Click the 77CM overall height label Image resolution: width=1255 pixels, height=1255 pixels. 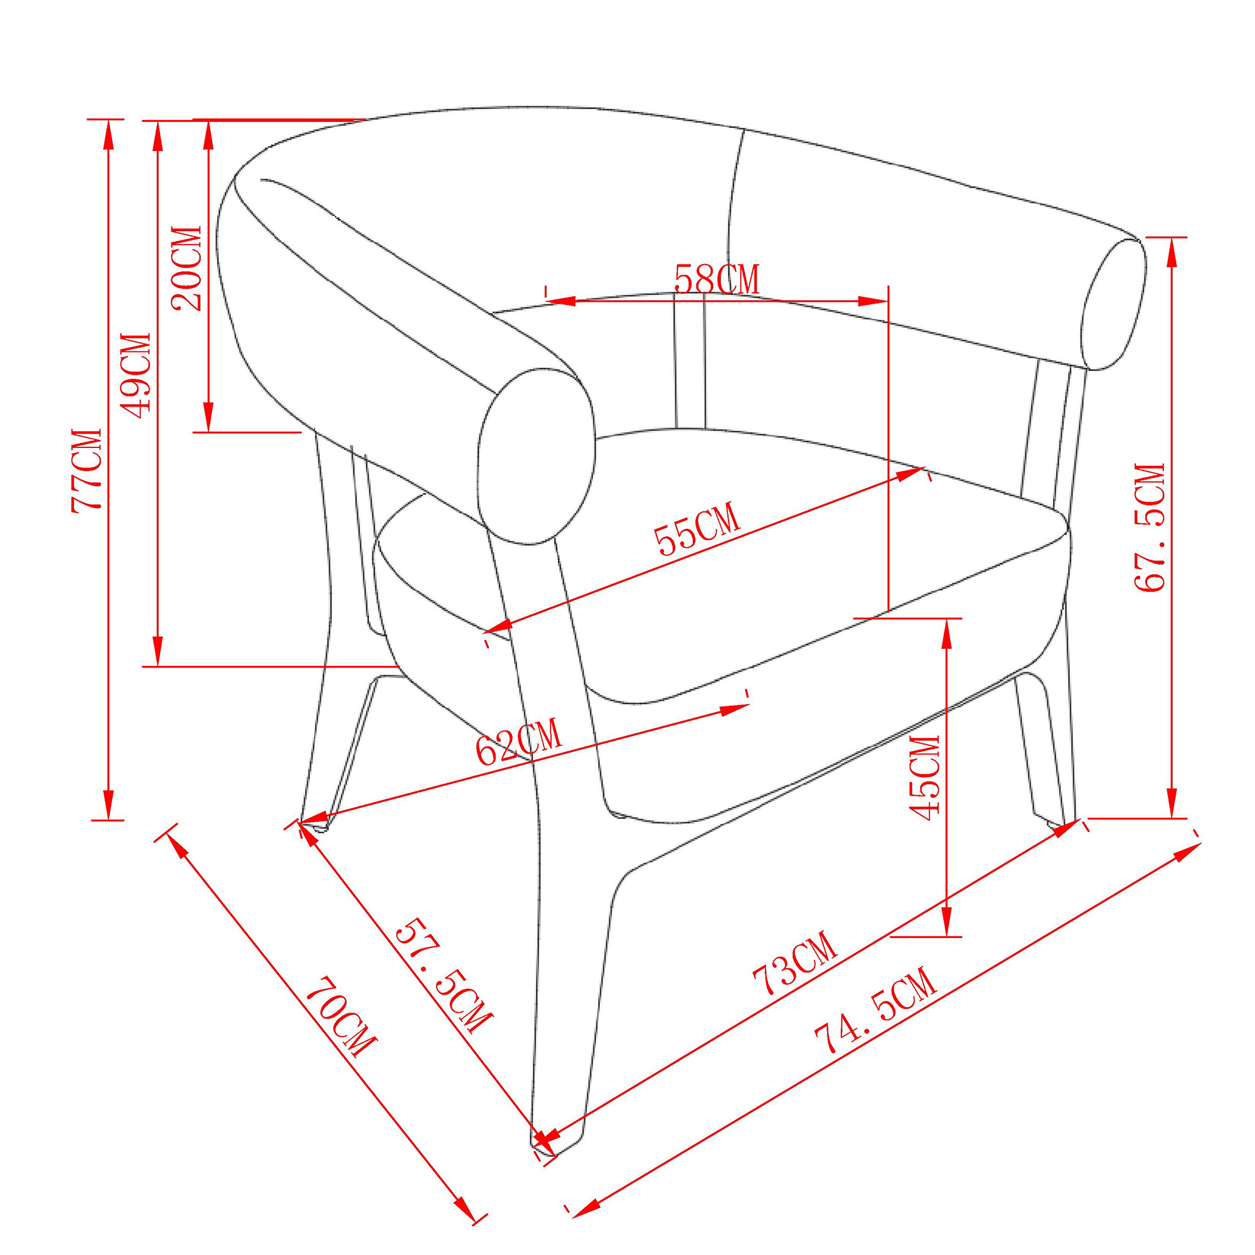(87, 470)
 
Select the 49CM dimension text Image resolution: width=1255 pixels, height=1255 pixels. (136, 376)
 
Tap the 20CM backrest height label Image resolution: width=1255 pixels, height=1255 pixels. (186, 269)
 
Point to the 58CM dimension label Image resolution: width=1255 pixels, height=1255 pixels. (717, 280)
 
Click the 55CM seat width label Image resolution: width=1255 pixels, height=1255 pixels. (697, 529)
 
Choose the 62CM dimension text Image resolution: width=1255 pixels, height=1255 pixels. (518, 742)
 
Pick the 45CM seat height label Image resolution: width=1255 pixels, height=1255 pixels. (924, 777)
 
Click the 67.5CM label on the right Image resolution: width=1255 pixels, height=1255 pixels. (1149, 528)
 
